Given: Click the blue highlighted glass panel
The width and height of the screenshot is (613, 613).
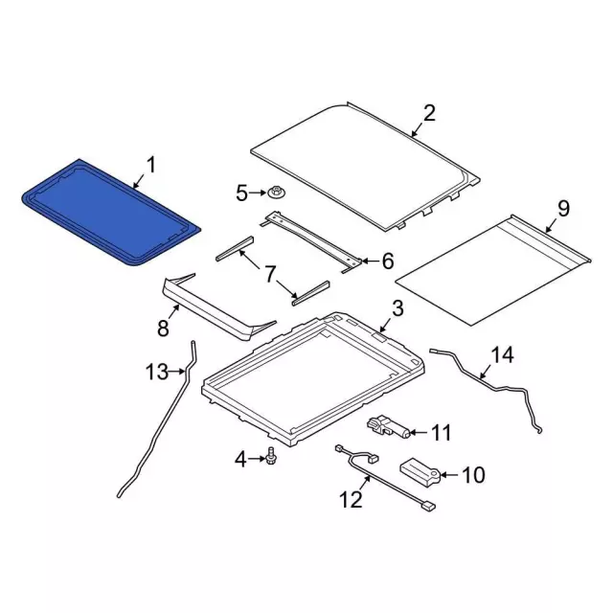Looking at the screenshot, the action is (x=110, y=212).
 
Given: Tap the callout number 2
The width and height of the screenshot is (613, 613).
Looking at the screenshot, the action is (x=429, y=113).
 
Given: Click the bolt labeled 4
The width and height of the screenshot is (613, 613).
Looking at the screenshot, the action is (x=270, y=457).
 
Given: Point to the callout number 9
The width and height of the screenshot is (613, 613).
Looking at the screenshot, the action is (x=563, y=209).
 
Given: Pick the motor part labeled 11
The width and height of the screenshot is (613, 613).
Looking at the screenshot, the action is (x=388, y=427).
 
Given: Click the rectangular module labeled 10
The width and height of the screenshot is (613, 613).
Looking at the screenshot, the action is (x=420, y=472).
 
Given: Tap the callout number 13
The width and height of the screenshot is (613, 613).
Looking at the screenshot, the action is (x=157, y=372).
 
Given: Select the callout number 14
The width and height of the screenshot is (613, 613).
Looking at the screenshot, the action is (x=502, y=355).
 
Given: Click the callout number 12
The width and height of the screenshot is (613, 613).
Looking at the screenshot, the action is (x=351, y=499).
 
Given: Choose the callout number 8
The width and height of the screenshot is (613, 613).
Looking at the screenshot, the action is (x=163, y=328).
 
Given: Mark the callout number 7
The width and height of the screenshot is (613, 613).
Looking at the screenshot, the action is (x=270, y=274).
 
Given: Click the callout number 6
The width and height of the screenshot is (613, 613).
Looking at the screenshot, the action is (x=387, y=261).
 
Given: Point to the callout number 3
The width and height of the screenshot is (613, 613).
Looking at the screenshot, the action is (x=397, y=308).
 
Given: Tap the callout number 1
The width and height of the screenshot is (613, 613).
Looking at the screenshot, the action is (x=151, y=165).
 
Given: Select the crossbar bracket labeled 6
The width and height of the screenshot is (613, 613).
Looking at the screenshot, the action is (x=310, y=241).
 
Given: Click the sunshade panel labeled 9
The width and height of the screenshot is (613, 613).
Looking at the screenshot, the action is (x=493, y=270).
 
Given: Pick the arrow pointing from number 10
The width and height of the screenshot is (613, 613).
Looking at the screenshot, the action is (x=449, y=475).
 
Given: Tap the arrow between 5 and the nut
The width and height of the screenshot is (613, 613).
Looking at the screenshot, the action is (x=258, y=193).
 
